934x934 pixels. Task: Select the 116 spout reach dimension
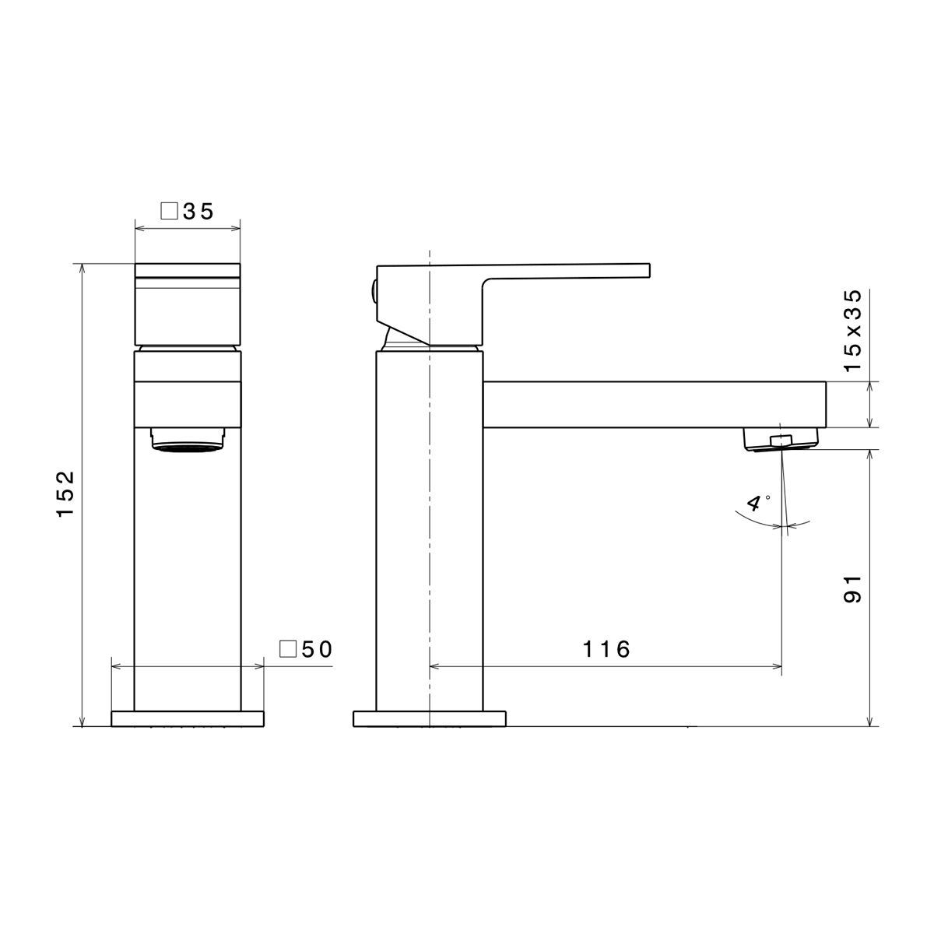[x=606, y=649]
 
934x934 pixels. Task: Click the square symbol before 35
[x=168, y=211]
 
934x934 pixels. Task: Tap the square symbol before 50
[x=287, y=649]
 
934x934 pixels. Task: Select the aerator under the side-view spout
[x=781, y=439]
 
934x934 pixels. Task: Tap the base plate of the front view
[x=188, y=718]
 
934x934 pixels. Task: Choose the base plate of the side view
[x=430, y=718]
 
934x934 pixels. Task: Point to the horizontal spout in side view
[x=654, y=404]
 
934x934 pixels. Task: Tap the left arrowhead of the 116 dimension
[x=434, y=666]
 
